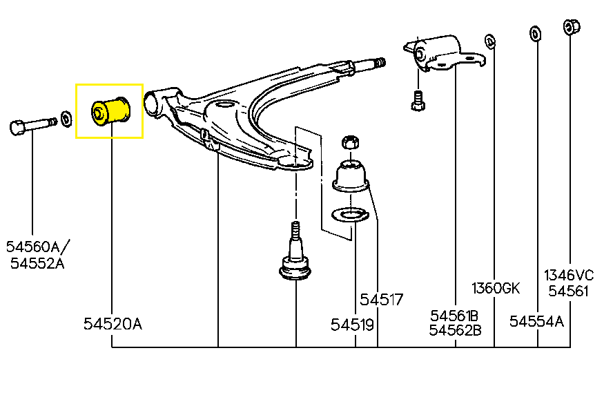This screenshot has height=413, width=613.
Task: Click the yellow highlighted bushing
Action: tap(110, 111)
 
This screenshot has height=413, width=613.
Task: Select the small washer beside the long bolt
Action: tap(66, 119)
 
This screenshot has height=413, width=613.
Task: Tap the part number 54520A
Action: tap(113, 324)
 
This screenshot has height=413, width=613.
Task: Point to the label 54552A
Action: tap(37, 263)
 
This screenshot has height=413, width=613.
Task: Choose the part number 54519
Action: tap(352, 324)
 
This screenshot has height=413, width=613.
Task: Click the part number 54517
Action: tap(381, 300)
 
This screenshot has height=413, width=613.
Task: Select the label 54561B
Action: tap(456, 315)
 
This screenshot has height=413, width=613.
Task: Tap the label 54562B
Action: tap(456, 330)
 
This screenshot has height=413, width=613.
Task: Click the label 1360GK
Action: tap(496, 288)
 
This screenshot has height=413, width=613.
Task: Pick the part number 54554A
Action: tap(536, 321)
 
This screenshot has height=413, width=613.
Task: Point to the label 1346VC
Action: tap(570, 274)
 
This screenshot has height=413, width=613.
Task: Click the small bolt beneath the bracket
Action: tap(416, 102)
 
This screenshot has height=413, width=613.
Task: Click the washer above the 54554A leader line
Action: tap(534, 34)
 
